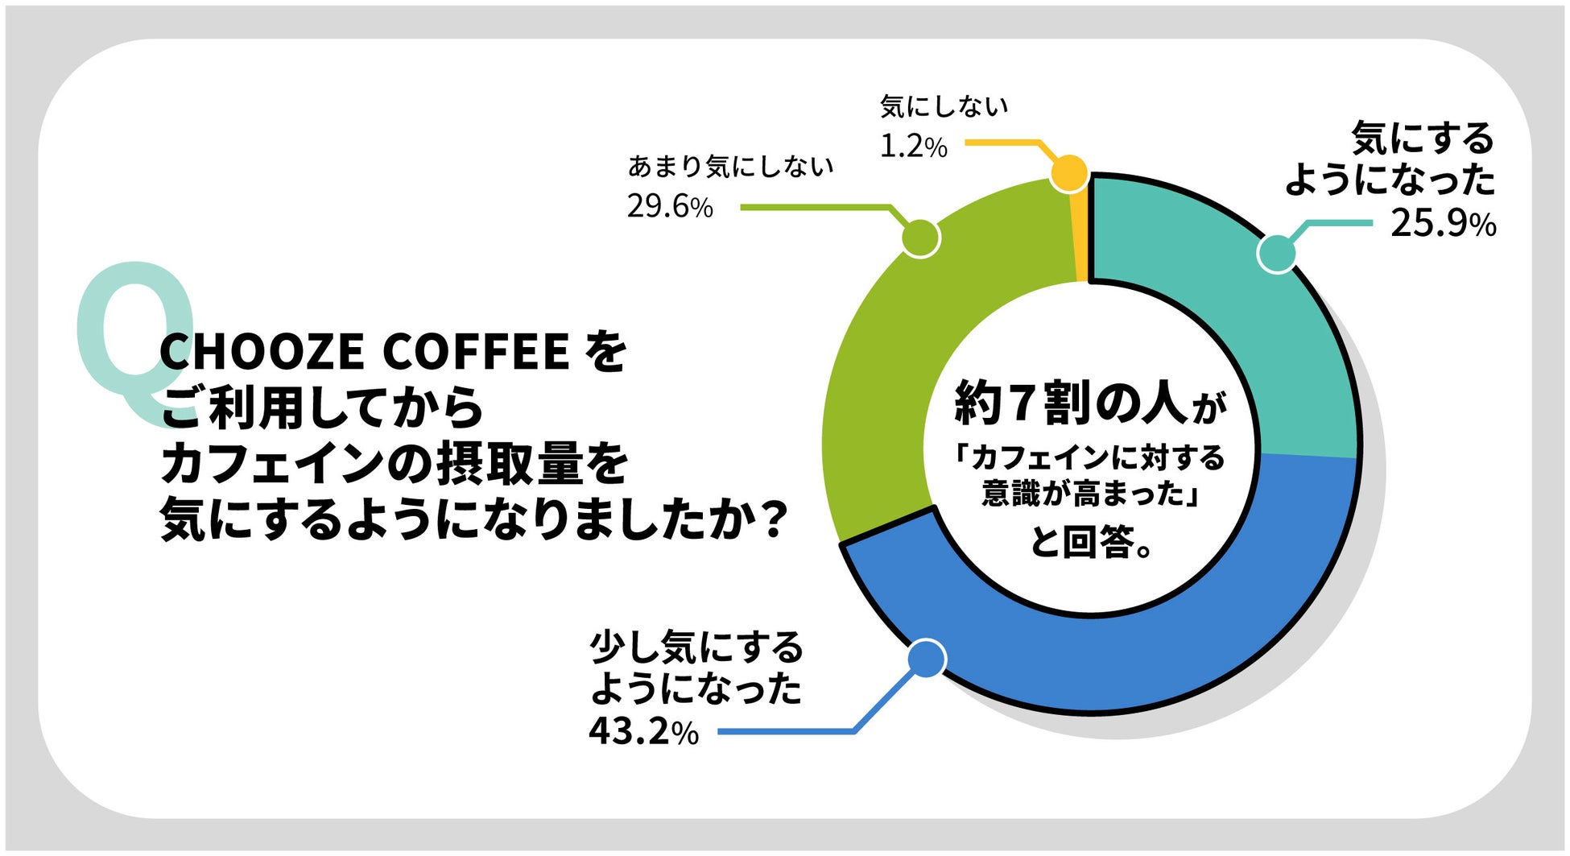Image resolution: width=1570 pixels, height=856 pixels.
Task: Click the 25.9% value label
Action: click(x=1443, y=223)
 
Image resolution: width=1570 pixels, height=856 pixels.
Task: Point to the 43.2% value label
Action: click(x=643, y=732)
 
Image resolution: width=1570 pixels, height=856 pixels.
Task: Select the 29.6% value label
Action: click(x=670, y=207)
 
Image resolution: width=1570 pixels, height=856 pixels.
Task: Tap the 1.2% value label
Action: click(x=913, y=147)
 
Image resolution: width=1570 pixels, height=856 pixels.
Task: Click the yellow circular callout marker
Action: click(x=1069, y=173)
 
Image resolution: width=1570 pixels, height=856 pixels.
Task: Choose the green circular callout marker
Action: click(x=920, y=238)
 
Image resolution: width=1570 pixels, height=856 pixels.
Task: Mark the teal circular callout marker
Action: click(x=1277, y=253)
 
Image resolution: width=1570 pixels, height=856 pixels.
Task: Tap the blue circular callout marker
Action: click(x=927, y=659)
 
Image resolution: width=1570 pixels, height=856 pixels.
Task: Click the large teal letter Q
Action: click(x=133, y=338)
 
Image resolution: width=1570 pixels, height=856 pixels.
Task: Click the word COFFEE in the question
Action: click(x=476, y=352)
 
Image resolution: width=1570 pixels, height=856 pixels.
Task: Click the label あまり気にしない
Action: click(x=730, y=167)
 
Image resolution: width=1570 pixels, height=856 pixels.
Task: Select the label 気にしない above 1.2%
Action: click(x=944, y=106)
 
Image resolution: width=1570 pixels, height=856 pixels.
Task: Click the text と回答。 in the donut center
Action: click(x=1092, y=542)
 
